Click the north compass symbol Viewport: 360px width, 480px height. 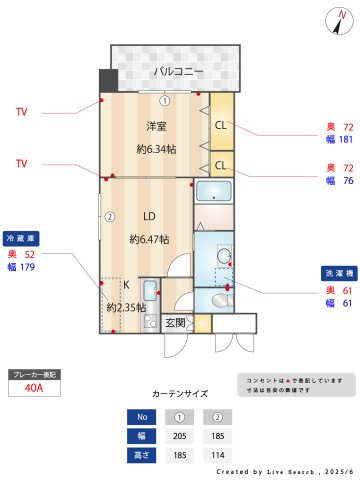pos(333,19)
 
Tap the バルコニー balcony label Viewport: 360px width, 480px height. pos(178,71)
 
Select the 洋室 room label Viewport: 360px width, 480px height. pos(156,126)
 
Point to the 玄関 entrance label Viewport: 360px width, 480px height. pos(175,322)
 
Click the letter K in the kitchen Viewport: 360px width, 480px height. pos(127,284)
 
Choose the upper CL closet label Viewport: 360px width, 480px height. pos(220,125)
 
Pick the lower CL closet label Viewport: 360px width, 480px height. pos(220,163)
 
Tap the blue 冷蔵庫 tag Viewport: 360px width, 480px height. pos(22,239)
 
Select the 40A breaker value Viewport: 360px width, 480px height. pos(34,390)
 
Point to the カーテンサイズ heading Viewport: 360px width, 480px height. pos(180,394)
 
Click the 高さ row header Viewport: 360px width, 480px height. pos(142,455)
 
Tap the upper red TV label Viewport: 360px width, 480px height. pos(21,112)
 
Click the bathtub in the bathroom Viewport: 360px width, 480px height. pos(212,192)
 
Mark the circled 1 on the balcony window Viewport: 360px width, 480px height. pos(165,100)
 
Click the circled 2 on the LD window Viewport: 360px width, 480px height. pos(110,216)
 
